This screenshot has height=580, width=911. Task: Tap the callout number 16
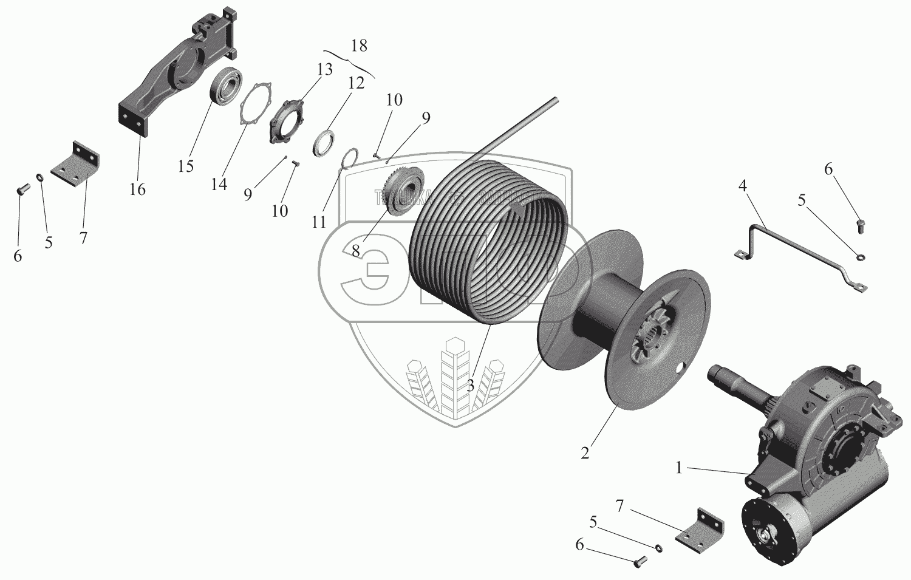coord(138,189)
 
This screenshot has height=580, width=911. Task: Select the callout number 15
coord(186,166)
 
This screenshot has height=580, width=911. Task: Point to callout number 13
coord(325,70)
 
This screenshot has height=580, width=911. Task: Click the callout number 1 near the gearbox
coord(680,468)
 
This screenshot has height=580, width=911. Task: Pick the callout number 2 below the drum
coord(585,453)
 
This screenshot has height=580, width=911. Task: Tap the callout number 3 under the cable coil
coord(470,385)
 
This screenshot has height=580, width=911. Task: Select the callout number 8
coord(355,250)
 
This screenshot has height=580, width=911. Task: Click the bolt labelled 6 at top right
coord(860,227)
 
